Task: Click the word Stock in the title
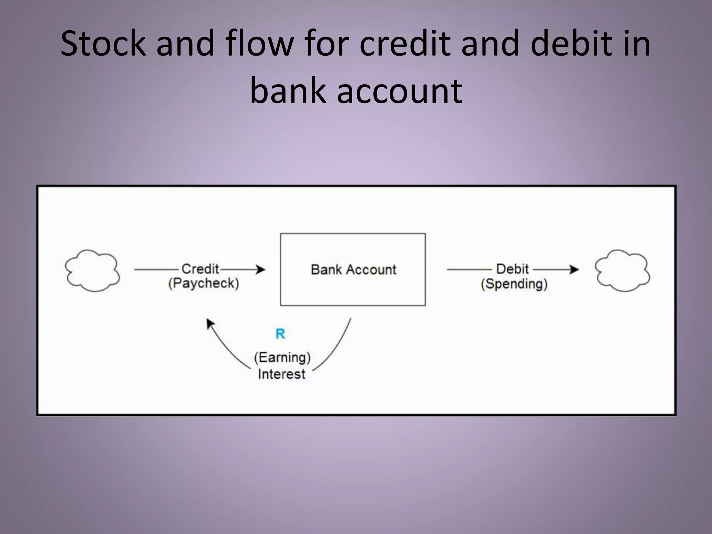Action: [103, 43]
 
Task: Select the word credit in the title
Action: [405, 43]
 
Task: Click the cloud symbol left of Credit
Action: [92, 270]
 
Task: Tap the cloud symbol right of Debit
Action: [622, 270]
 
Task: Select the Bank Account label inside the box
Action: [353, 270]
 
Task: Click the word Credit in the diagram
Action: [200, 269]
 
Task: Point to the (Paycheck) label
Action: [204, 283]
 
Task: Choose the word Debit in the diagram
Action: [512, 269]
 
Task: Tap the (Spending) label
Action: [514, 284]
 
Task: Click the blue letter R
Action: [280, 334]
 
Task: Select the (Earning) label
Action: [282, 357]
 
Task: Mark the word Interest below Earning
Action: [282, 374]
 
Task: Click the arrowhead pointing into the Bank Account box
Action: [260, 269]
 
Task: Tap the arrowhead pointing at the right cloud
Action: [574, 269]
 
